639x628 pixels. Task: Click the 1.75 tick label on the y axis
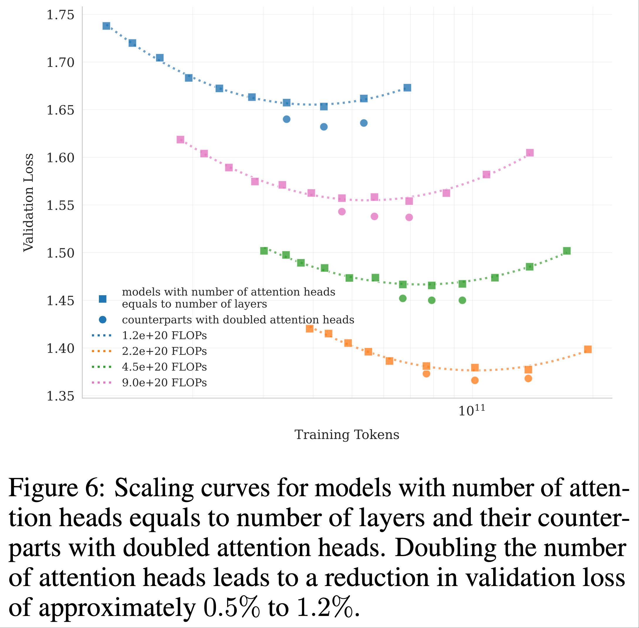tap(60, 15)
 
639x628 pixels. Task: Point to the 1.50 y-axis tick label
tap(60, 253)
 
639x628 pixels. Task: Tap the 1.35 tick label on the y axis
tap(60, 396)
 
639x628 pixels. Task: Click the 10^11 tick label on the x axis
tap(472, 410)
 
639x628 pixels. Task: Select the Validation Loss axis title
tap(28, 202)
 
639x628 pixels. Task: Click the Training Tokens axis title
tap(346, 435)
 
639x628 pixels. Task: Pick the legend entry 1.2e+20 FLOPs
tap(164, 335)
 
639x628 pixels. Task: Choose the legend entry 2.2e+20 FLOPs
tap(164, 351)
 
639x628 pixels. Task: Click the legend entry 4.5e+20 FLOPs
tap(164, 367)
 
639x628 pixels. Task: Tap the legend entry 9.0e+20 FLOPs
tap(164, 383)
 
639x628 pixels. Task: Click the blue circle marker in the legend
tap(103, 320)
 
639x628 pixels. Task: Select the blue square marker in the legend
tap(103, 299)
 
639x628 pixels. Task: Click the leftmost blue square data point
tap(106, 26)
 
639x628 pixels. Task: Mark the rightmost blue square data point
tap(407, 87)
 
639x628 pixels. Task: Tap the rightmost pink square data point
tap(530, 153)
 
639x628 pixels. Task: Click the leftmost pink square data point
tap(180, 139)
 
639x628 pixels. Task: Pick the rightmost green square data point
tap(567, 251)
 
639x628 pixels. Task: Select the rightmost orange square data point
tap(588, 349)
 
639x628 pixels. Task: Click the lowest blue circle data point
tap(324, 127)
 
